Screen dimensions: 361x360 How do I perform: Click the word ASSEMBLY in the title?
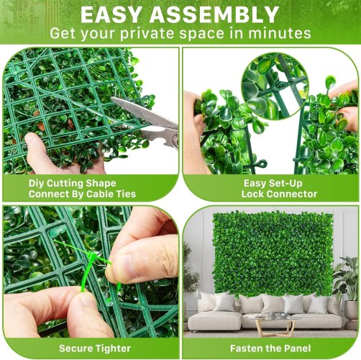[214, 14]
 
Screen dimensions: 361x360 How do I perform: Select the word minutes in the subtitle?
[279, 33]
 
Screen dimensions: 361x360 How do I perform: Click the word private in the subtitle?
[147, 34]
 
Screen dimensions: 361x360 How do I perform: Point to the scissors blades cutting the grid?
[144, 111]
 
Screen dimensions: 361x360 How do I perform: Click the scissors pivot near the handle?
[175, 138]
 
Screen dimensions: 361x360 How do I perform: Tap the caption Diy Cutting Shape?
[73, 184]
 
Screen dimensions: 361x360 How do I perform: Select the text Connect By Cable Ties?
[82, 194]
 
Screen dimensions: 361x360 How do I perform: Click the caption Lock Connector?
[279, 194]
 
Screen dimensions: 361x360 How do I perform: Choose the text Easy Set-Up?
[273, 184]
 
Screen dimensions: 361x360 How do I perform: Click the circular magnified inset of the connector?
[275, 86]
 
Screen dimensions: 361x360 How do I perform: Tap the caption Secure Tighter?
[95, 348]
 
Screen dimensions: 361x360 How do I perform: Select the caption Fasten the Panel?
[270, 348]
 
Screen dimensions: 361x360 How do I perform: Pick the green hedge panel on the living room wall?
[273, 253]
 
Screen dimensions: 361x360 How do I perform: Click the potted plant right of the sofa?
[347, 287]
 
